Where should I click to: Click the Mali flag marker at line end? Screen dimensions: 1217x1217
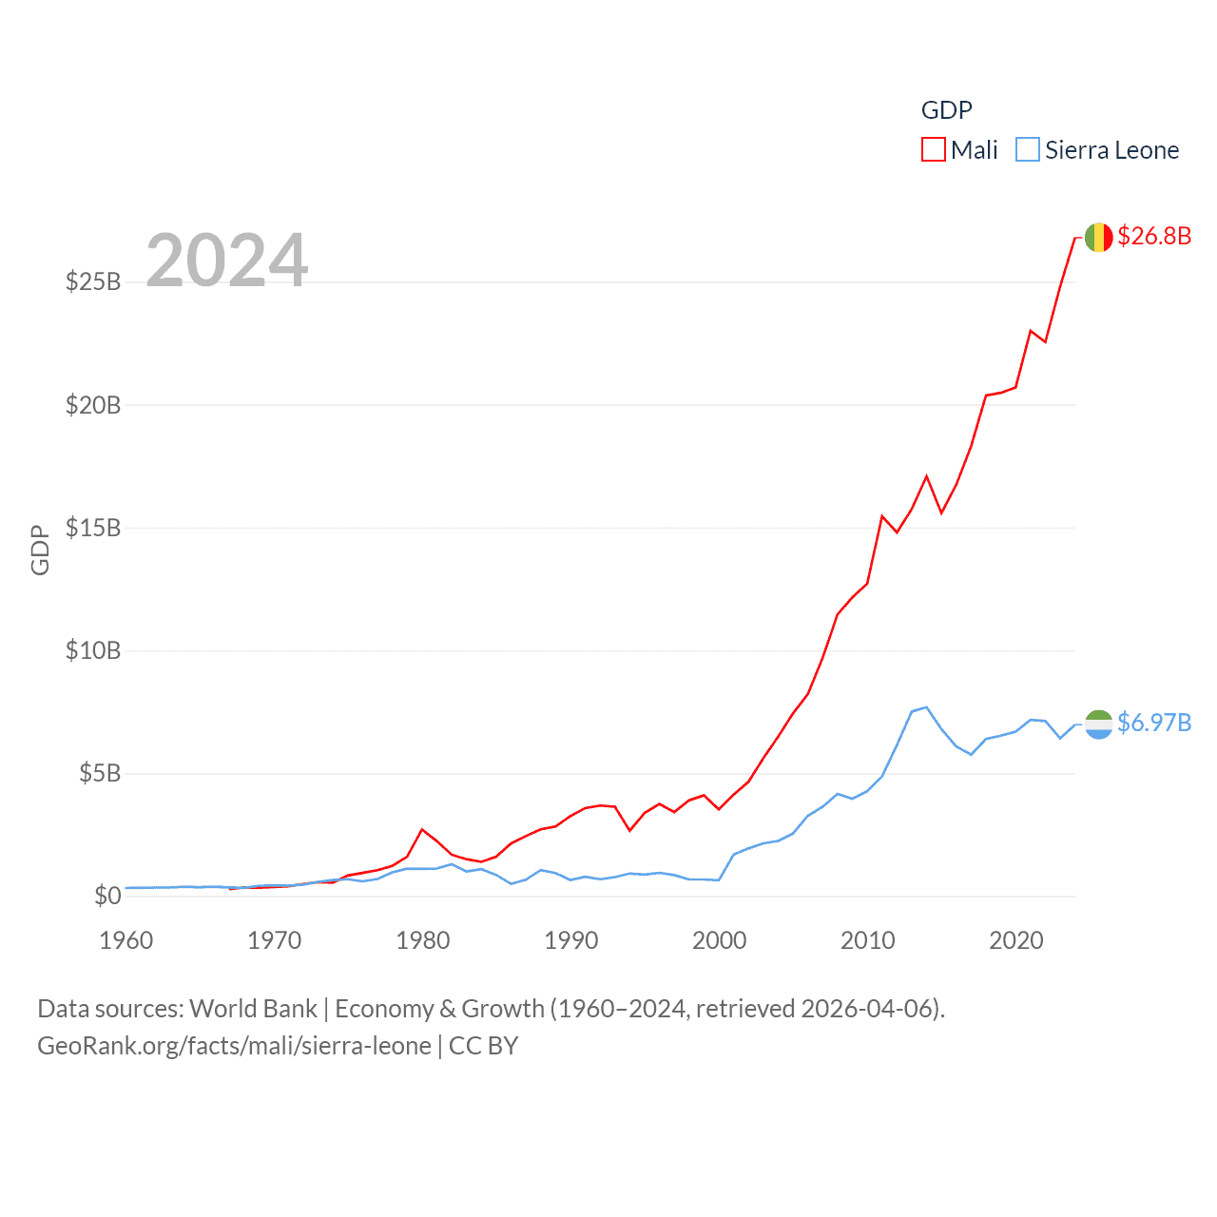(x=1098, y=237)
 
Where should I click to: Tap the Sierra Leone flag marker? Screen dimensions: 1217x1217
(x=1098, y=724)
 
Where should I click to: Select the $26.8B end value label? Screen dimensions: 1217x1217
(x=1154, y=236)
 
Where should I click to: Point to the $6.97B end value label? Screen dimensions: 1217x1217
(x=1154, y=723)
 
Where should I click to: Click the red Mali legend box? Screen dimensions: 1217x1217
(x=934, y=150)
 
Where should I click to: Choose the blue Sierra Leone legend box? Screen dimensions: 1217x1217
(x=1028, y=150)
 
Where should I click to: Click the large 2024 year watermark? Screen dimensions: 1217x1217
(x=227, y=260)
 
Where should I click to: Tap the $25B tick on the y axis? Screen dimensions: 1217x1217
(x=93, y=282)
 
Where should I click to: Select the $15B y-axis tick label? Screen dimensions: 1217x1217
(x=93, y=529)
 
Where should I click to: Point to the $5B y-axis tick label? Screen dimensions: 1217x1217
(x=99, y=774)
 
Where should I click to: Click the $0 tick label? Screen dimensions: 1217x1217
(x=107, y=897)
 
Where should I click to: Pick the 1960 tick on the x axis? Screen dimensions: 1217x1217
(x=126, y=940)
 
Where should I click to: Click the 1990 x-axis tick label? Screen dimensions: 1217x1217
(x=571, y=940)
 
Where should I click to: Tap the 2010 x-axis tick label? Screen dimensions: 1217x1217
(x=868, y=940)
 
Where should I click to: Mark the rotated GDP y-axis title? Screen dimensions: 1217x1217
(x=40, y=550)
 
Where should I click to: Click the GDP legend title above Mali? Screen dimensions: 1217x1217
(x=947, y=110)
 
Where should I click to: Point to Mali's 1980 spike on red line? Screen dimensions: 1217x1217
(x=423, y=829)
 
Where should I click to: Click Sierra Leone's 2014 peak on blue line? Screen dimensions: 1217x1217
(x=926, y=707)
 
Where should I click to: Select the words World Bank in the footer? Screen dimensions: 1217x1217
(x=254, y=1009)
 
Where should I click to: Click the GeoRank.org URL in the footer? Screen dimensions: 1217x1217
(x=234, y=1046)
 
